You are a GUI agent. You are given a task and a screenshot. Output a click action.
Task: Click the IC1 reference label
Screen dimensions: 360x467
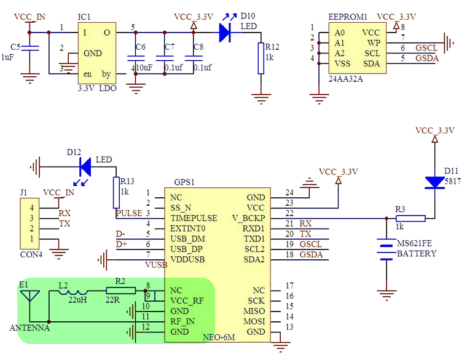(84, 17)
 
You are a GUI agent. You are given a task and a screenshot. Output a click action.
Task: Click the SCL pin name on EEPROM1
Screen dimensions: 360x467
(372, 53)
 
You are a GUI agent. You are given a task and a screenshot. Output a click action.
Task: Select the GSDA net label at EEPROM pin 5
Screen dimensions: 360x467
(427, 58)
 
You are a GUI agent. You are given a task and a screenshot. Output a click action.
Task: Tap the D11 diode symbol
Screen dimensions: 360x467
(434, 182)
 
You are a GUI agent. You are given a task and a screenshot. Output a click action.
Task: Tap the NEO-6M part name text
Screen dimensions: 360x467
(219, 337)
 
